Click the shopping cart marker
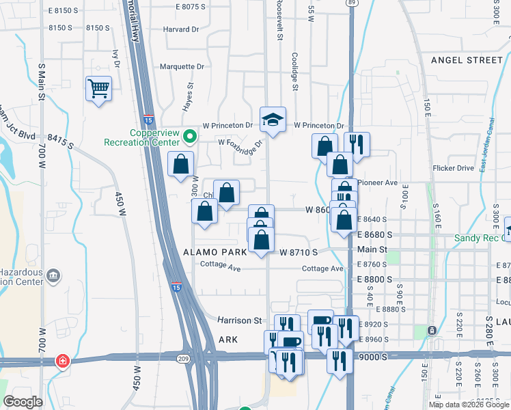(99, 88)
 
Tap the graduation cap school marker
(273, 120)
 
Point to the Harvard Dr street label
(181, 29)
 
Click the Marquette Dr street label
(182, 67)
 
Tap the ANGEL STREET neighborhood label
(467, 60)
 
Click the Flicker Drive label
(453, 168)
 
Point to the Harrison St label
(240, 320)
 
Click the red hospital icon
(63, 360)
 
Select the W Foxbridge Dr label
(240, 144)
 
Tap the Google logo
(23, 402)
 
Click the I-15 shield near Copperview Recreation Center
(148, 118)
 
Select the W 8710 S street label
(299, 252)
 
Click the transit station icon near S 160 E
(432, 331)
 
